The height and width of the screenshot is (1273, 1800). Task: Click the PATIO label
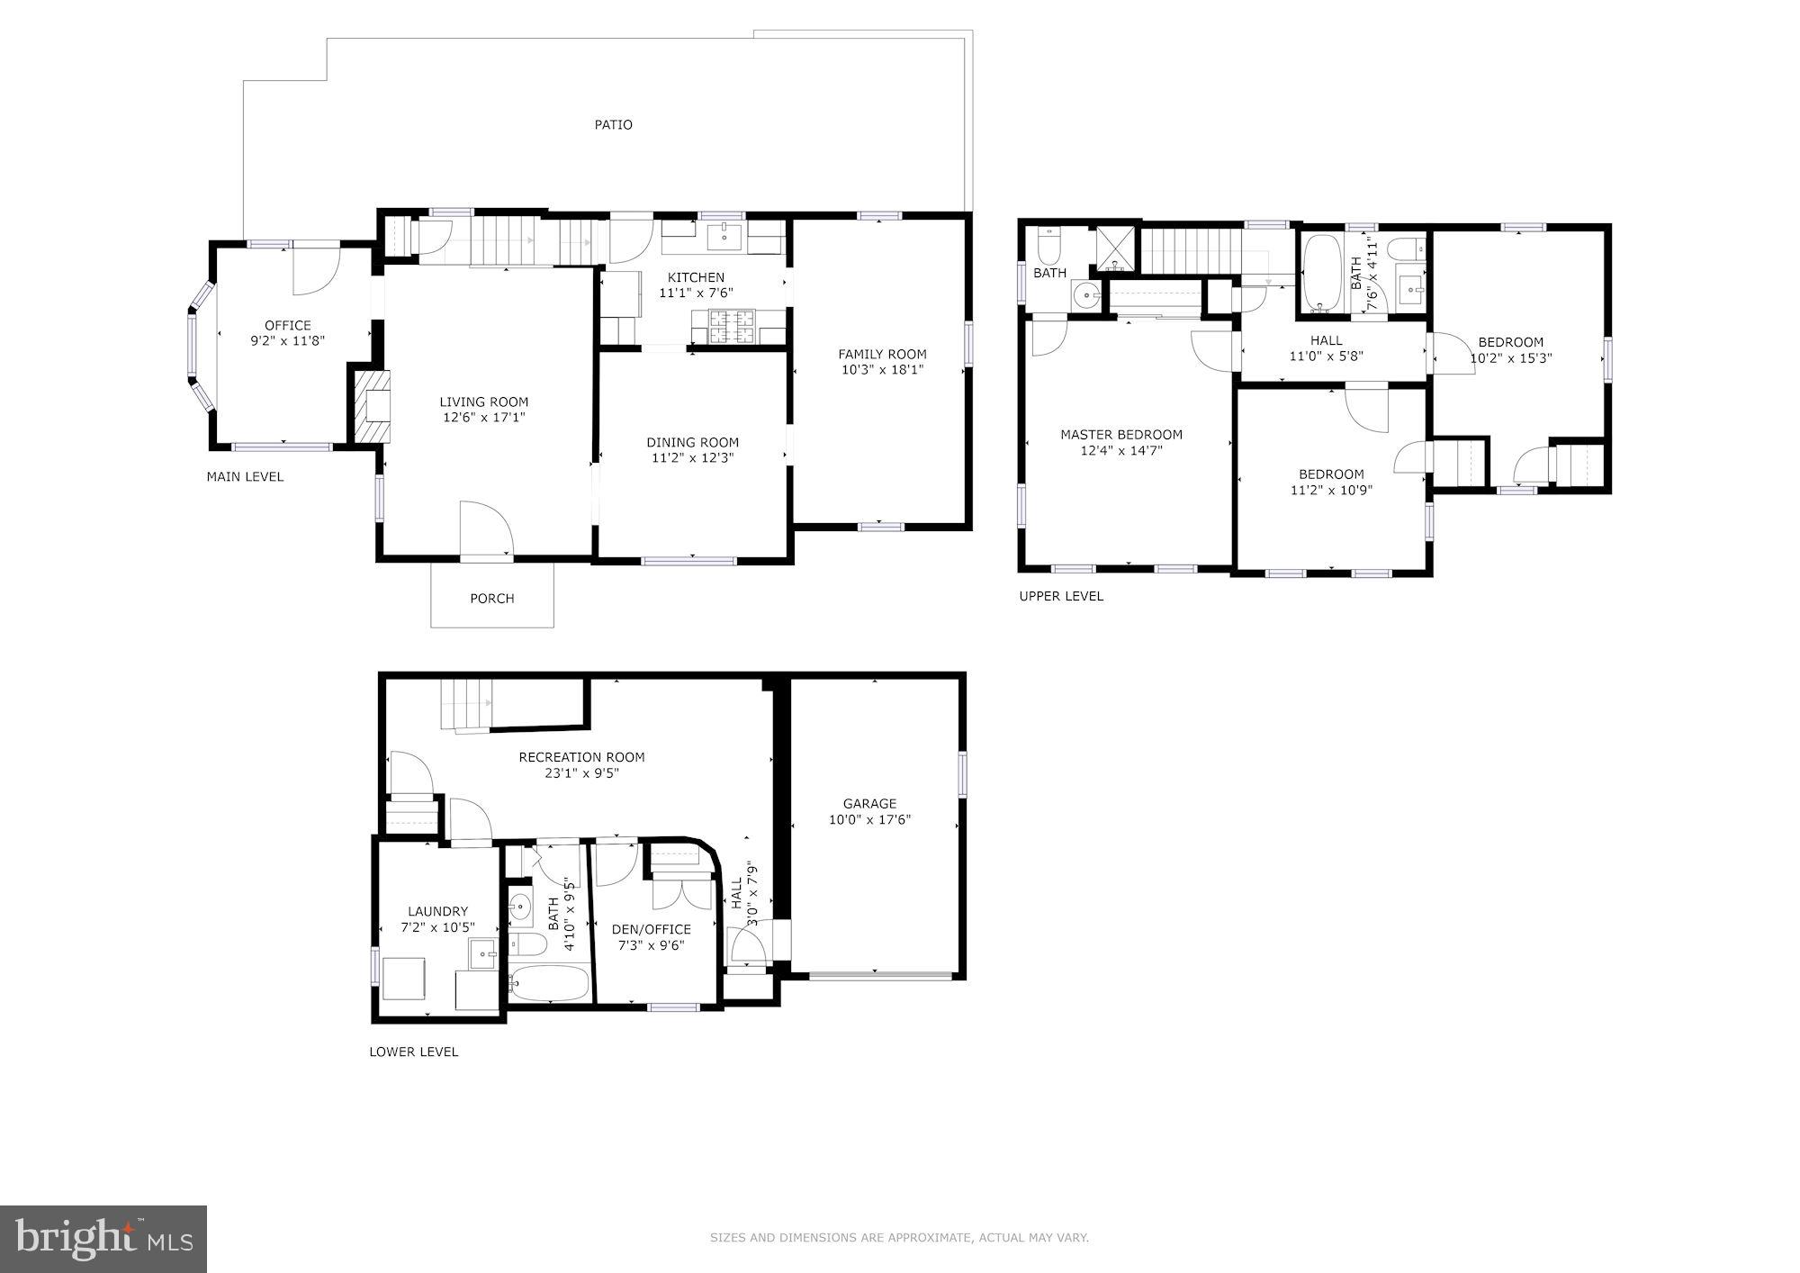tap(613, 125)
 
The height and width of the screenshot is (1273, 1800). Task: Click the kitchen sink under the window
tap(724, 238)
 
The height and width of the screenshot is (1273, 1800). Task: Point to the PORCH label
tap(492, 599)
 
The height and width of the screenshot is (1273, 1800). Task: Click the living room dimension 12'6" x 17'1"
tap(484, 418)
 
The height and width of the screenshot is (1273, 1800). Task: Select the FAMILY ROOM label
tap(882, 354)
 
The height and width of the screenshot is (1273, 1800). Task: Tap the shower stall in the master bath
tap(1116, 248)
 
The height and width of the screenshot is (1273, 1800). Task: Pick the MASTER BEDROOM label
tap(1121, 435)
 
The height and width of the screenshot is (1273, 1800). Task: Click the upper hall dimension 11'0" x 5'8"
tap(1327, 356)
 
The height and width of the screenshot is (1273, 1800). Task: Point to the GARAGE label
tap(869, 804)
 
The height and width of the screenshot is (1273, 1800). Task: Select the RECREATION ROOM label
tap(581, 757)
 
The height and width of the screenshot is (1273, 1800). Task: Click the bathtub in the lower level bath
tap(549, 984)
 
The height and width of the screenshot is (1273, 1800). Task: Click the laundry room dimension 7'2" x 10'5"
tap(437, 927)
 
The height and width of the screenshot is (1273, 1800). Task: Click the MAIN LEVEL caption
tap(245, 477)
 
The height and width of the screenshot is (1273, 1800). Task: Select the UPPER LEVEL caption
tap(1060, 596)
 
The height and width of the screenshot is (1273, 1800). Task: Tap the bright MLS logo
tap(103, 1239)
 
